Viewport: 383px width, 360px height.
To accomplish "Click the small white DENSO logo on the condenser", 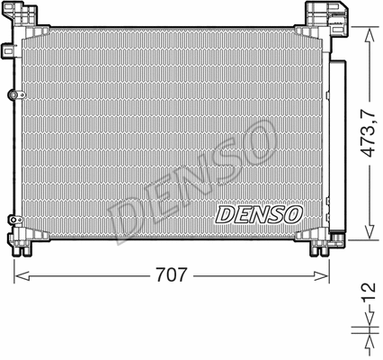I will click(260, 215).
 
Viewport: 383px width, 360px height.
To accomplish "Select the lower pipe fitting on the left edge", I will click(12, 219).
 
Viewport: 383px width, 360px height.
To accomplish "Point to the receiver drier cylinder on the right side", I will click(338, 144).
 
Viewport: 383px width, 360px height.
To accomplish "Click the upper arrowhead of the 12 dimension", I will click(368, 327).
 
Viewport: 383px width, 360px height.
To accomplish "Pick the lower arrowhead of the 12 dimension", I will click(368, 341).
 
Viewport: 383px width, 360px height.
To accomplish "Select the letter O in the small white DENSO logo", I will click(294, 215).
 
